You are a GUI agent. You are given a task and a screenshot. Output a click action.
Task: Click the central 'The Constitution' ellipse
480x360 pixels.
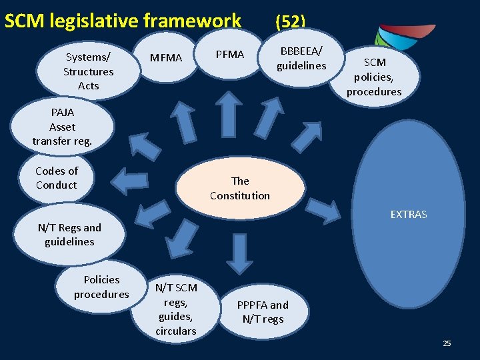click(x=240, y=188)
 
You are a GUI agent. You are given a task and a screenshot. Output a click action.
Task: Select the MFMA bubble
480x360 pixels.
click(x=166, y=58)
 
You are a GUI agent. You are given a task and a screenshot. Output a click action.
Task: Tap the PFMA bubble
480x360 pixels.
click(x=230, y=55)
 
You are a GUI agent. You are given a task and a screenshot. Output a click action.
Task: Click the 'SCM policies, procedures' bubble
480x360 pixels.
click(x=373, y=77)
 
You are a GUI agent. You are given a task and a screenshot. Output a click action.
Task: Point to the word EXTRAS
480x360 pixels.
click(x=408, y=215)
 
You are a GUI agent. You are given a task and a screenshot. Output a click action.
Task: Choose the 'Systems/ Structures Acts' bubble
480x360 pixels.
click(x=88, y=71)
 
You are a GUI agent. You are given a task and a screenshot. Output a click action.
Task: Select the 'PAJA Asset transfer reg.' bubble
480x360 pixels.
click(x=62, y=127)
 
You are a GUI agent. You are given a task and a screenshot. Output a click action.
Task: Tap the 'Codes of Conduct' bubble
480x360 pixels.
click(x=57, y=178)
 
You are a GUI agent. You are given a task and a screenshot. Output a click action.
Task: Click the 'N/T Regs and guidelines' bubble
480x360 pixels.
click(x=69, y=235)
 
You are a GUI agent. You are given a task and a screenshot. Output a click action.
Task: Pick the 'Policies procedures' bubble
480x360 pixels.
click(x=101, y=287)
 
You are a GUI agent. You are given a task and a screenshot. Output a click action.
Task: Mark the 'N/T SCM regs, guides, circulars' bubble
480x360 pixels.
click(x=176, y=309)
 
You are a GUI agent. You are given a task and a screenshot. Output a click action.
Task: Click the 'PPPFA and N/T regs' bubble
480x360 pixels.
click(x=263, y=311)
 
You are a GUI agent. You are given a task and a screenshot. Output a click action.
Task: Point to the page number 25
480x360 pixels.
click(x=447, y=343)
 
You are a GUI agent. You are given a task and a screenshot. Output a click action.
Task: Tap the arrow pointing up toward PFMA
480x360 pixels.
click(x=231, y=110)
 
